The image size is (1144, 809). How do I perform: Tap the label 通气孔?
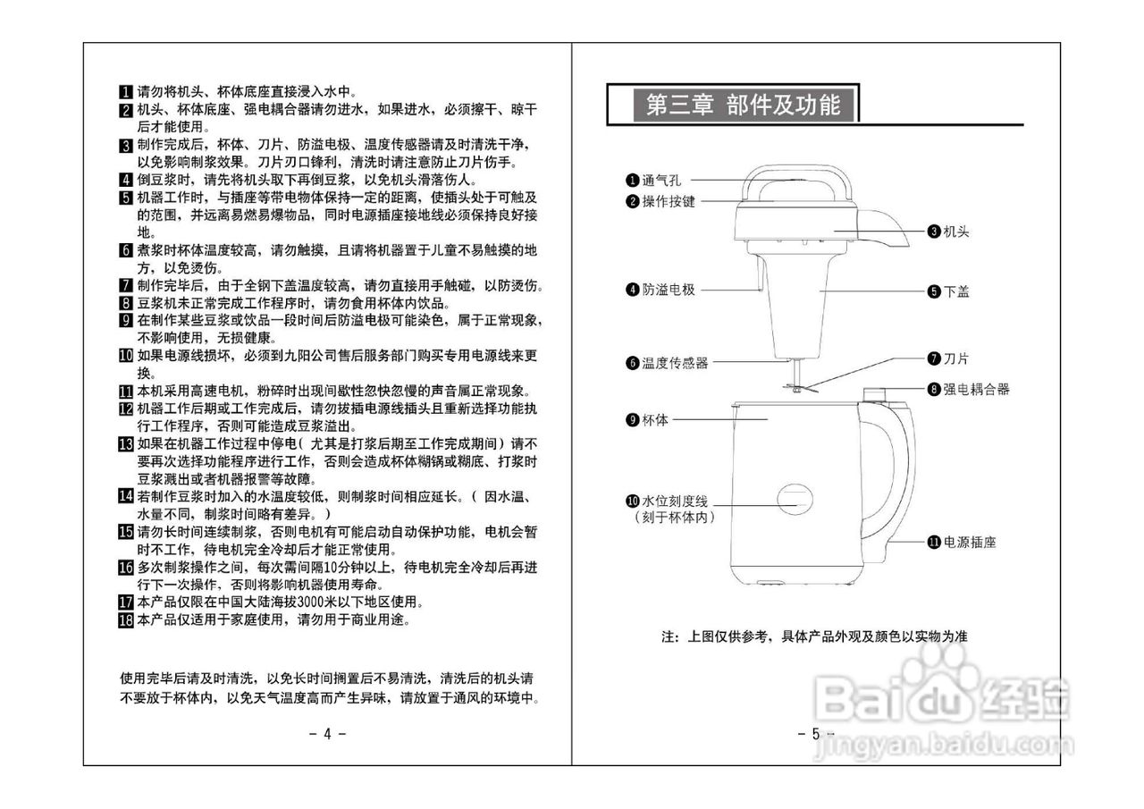(x=661, y=181)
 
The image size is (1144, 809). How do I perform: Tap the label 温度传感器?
(x=675, y=363)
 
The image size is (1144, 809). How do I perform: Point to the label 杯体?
(x=655, y=419)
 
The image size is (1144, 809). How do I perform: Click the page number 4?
(x=327, y=734)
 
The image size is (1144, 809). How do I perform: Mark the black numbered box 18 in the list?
(x=126, y=619)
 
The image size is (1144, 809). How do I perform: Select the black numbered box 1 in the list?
(x=126, y=92)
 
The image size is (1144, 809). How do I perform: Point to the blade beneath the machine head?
(x=795, y=387)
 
